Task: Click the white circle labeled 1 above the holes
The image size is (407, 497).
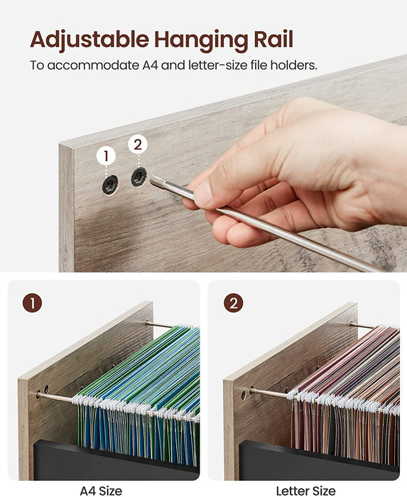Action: [107, 155]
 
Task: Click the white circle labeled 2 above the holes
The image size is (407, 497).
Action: [138, 145]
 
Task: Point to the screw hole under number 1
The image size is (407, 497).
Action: [108, 186]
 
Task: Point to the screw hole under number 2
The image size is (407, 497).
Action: [139, 177]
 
